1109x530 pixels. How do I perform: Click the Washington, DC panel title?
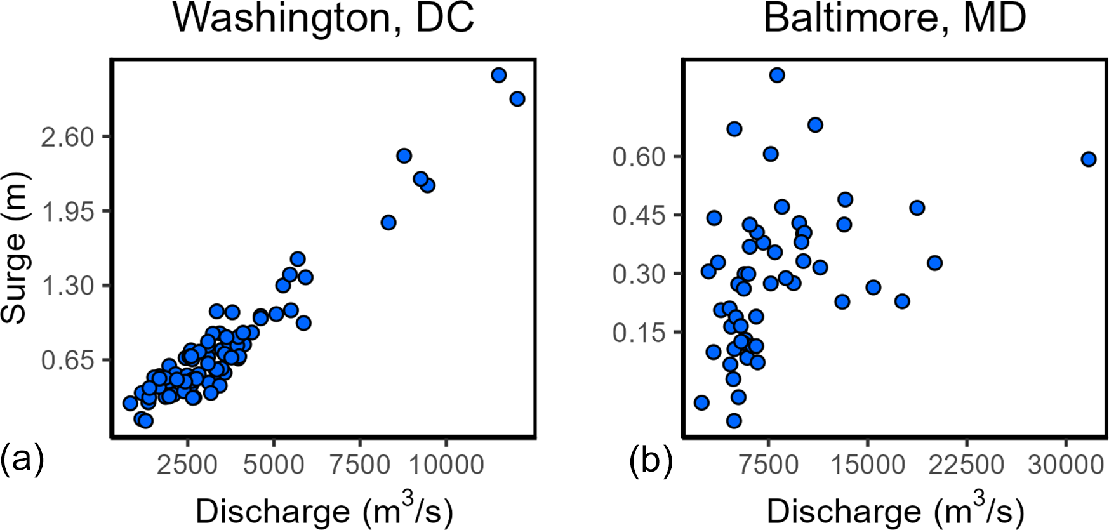point(323,18)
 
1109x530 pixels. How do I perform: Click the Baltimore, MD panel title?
point(894,18)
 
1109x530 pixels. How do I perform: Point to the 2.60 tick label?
point(68,137)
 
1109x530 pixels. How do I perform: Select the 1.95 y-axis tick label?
point(68,212)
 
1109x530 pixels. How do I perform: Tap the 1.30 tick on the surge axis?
point(68,286)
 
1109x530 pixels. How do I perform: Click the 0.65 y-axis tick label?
point(68,361)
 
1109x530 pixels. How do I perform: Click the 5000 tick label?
point(274,465)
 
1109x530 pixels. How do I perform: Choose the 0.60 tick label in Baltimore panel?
point(639,157)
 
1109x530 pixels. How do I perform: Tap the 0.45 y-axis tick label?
point(639,215)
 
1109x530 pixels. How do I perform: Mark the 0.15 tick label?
point(639,333)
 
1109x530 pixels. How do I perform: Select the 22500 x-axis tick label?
point(966,465)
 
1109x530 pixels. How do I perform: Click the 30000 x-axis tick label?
point(1066,465)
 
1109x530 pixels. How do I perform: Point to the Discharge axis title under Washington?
point(324,510)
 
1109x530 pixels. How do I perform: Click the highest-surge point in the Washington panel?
point(499,75)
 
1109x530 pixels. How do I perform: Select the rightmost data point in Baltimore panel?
point(1089,159)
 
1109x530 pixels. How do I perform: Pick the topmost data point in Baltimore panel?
point(777,75)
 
